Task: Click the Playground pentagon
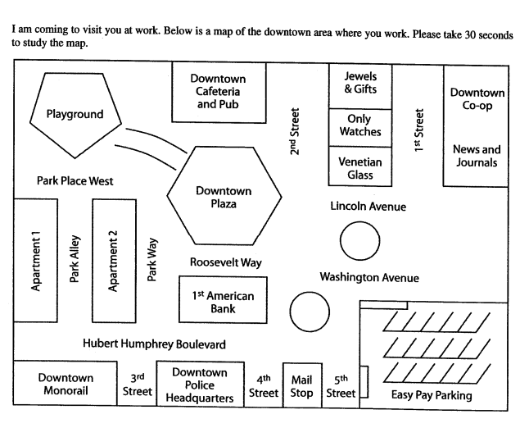pos(74,115)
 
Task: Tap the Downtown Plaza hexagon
pos(224,198)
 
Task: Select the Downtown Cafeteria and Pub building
pos(218,92)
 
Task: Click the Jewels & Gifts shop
pos(360,83)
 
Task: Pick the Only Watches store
pos(360,125)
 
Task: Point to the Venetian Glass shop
pos(360,168)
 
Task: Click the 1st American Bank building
pos(223,301)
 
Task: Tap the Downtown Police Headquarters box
pos(200,385)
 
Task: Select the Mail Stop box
pos(301,385)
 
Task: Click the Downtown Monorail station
pos(66,385)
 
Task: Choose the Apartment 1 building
pos(35,260)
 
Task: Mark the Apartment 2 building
pos(113,260)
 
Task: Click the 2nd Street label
pos(294,130)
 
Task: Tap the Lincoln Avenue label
pos(368,207)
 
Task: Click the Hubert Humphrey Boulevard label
pos(154,344)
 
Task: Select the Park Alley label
pos(75,260)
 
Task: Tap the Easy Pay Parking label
pos(432,395)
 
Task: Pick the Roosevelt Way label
pos(226,262)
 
